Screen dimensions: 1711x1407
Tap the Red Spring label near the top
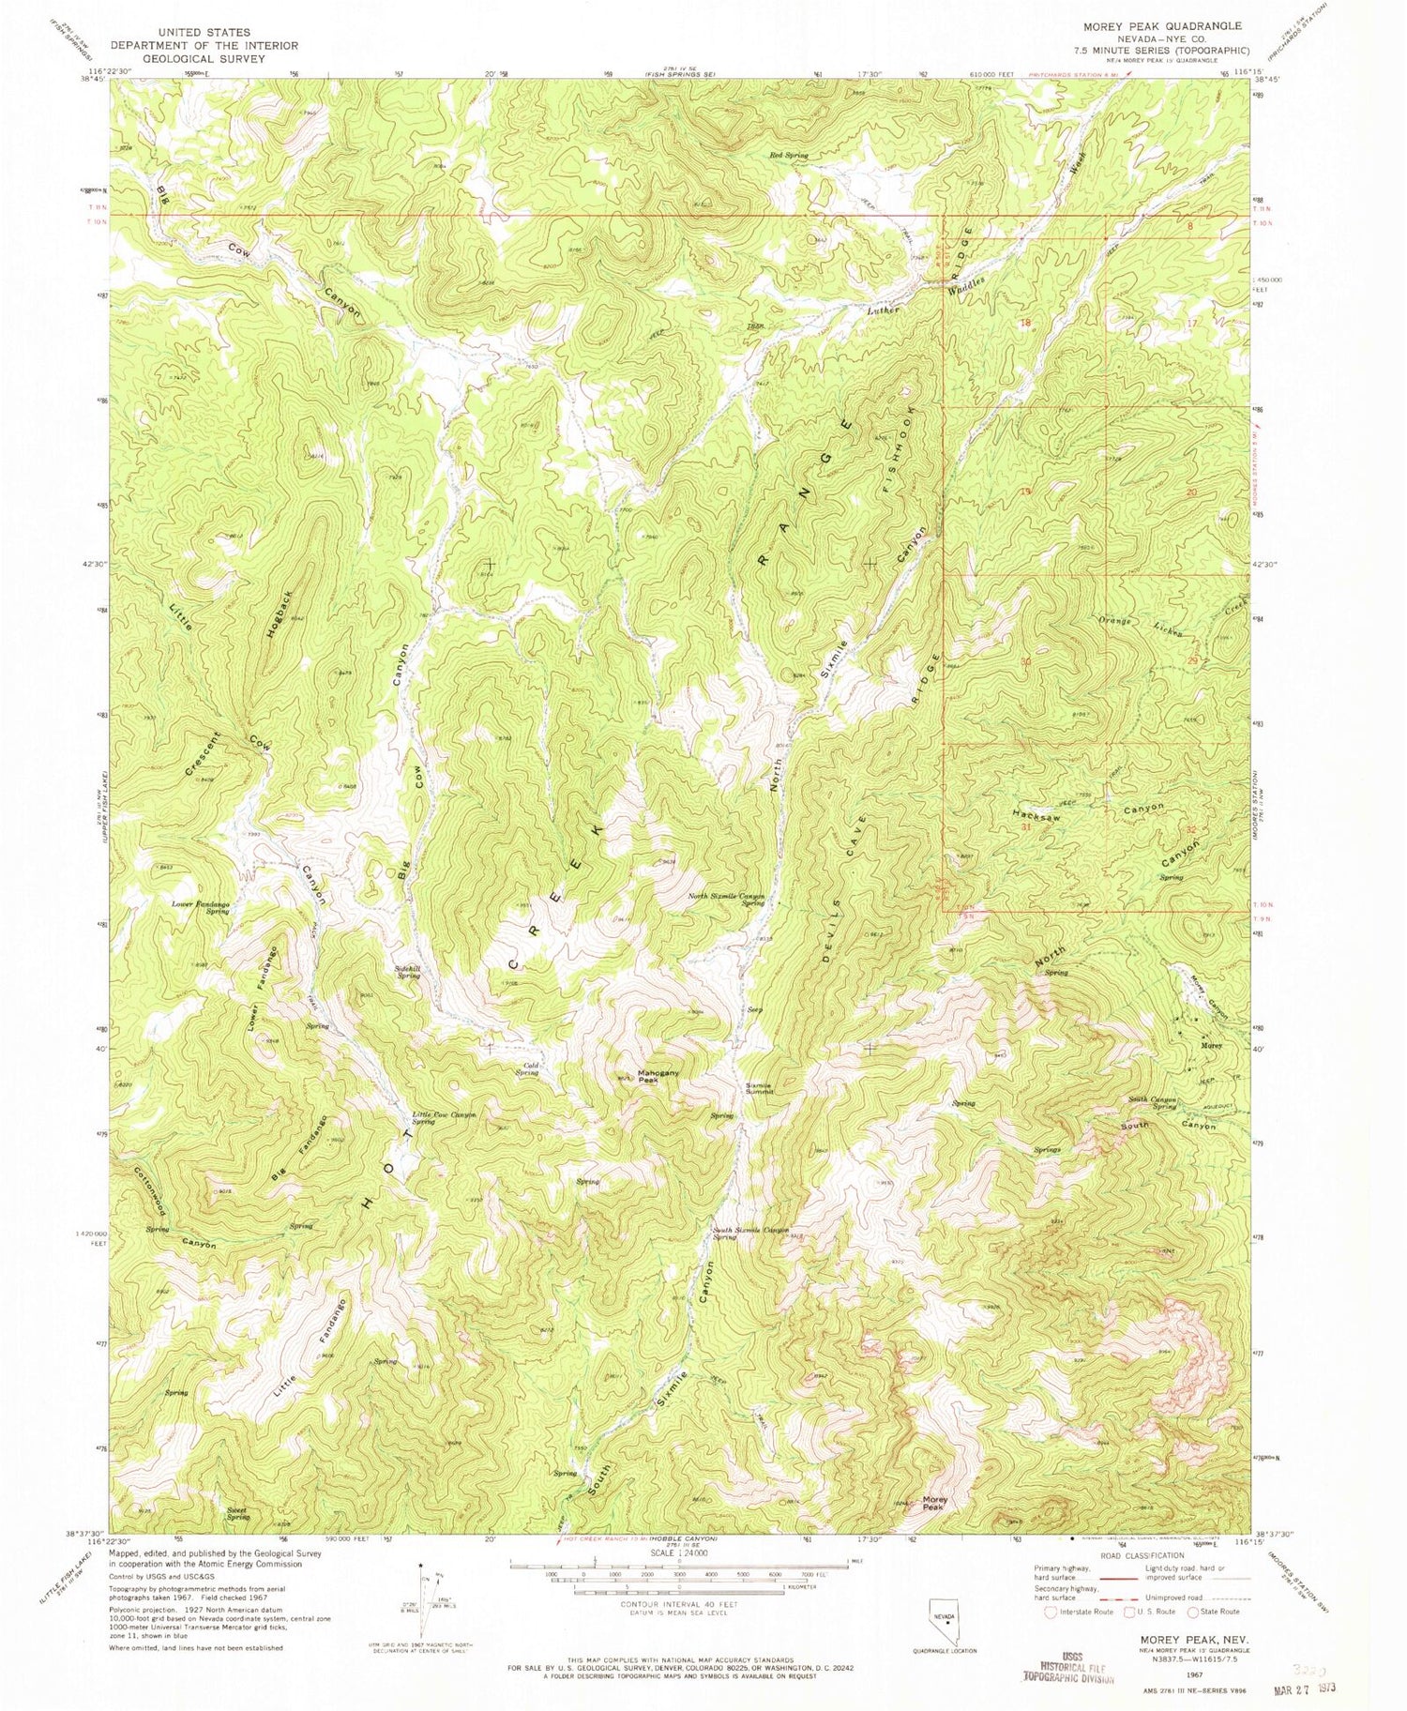[788, 155]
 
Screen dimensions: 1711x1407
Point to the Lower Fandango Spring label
[201, 907]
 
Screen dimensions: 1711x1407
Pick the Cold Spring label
[527, 1068]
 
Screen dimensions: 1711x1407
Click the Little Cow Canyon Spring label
[444, 1118]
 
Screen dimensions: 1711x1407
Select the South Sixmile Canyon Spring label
[749, 1233]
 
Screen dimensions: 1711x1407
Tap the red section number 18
[1025, 322]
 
